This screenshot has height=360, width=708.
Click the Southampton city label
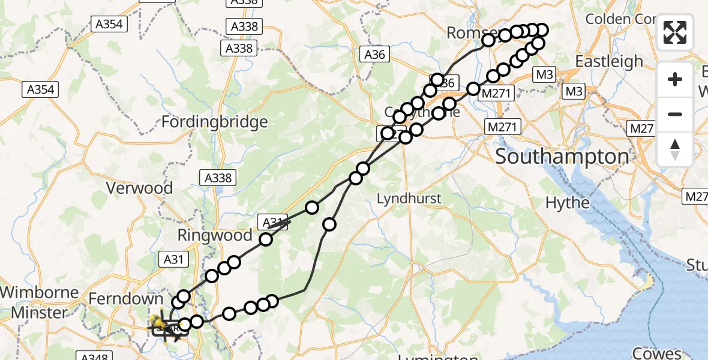click(x=562, y=157)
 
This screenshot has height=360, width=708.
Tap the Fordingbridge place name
click(x=215, y=122)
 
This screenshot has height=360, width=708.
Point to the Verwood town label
click(x=139, y=188)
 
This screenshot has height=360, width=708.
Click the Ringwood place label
click(x=214, y=235)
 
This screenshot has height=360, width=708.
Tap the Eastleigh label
click(x=609, y=61)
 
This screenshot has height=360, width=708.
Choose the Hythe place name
click(x=568, y=203)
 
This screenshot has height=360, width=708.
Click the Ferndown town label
click(x=125, y=299)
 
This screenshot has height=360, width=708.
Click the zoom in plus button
click(x=675, y=79)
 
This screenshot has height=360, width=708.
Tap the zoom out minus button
click(x=675, y=114)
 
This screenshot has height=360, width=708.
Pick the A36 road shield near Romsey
click(x=375, y=55)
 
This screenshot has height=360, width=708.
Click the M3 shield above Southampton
click(x=544, y=74)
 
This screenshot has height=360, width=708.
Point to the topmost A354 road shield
click(x=108, y=24)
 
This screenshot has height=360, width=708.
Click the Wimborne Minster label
click(x=40, y=302)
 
